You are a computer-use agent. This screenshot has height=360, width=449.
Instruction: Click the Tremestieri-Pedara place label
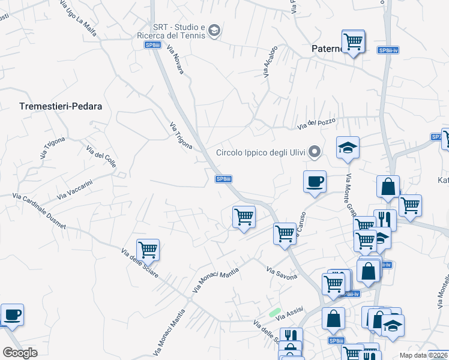61,106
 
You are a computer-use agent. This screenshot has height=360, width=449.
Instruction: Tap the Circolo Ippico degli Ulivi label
261,152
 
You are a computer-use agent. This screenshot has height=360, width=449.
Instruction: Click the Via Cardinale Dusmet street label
38,211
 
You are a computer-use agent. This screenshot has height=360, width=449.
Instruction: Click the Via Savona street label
282,273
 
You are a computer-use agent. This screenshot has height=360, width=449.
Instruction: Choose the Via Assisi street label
289,313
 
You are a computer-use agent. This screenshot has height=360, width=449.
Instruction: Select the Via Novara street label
175,60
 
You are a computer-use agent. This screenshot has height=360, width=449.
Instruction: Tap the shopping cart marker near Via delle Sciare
148,249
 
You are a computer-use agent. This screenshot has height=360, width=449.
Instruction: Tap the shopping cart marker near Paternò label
353,41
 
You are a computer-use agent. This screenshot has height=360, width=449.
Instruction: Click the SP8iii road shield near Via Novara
152,45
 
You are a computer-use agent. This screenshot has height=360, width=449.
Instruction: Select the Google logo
20,353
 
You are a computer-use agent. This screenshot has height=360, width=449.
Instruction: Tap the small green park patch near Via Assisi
275,313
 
